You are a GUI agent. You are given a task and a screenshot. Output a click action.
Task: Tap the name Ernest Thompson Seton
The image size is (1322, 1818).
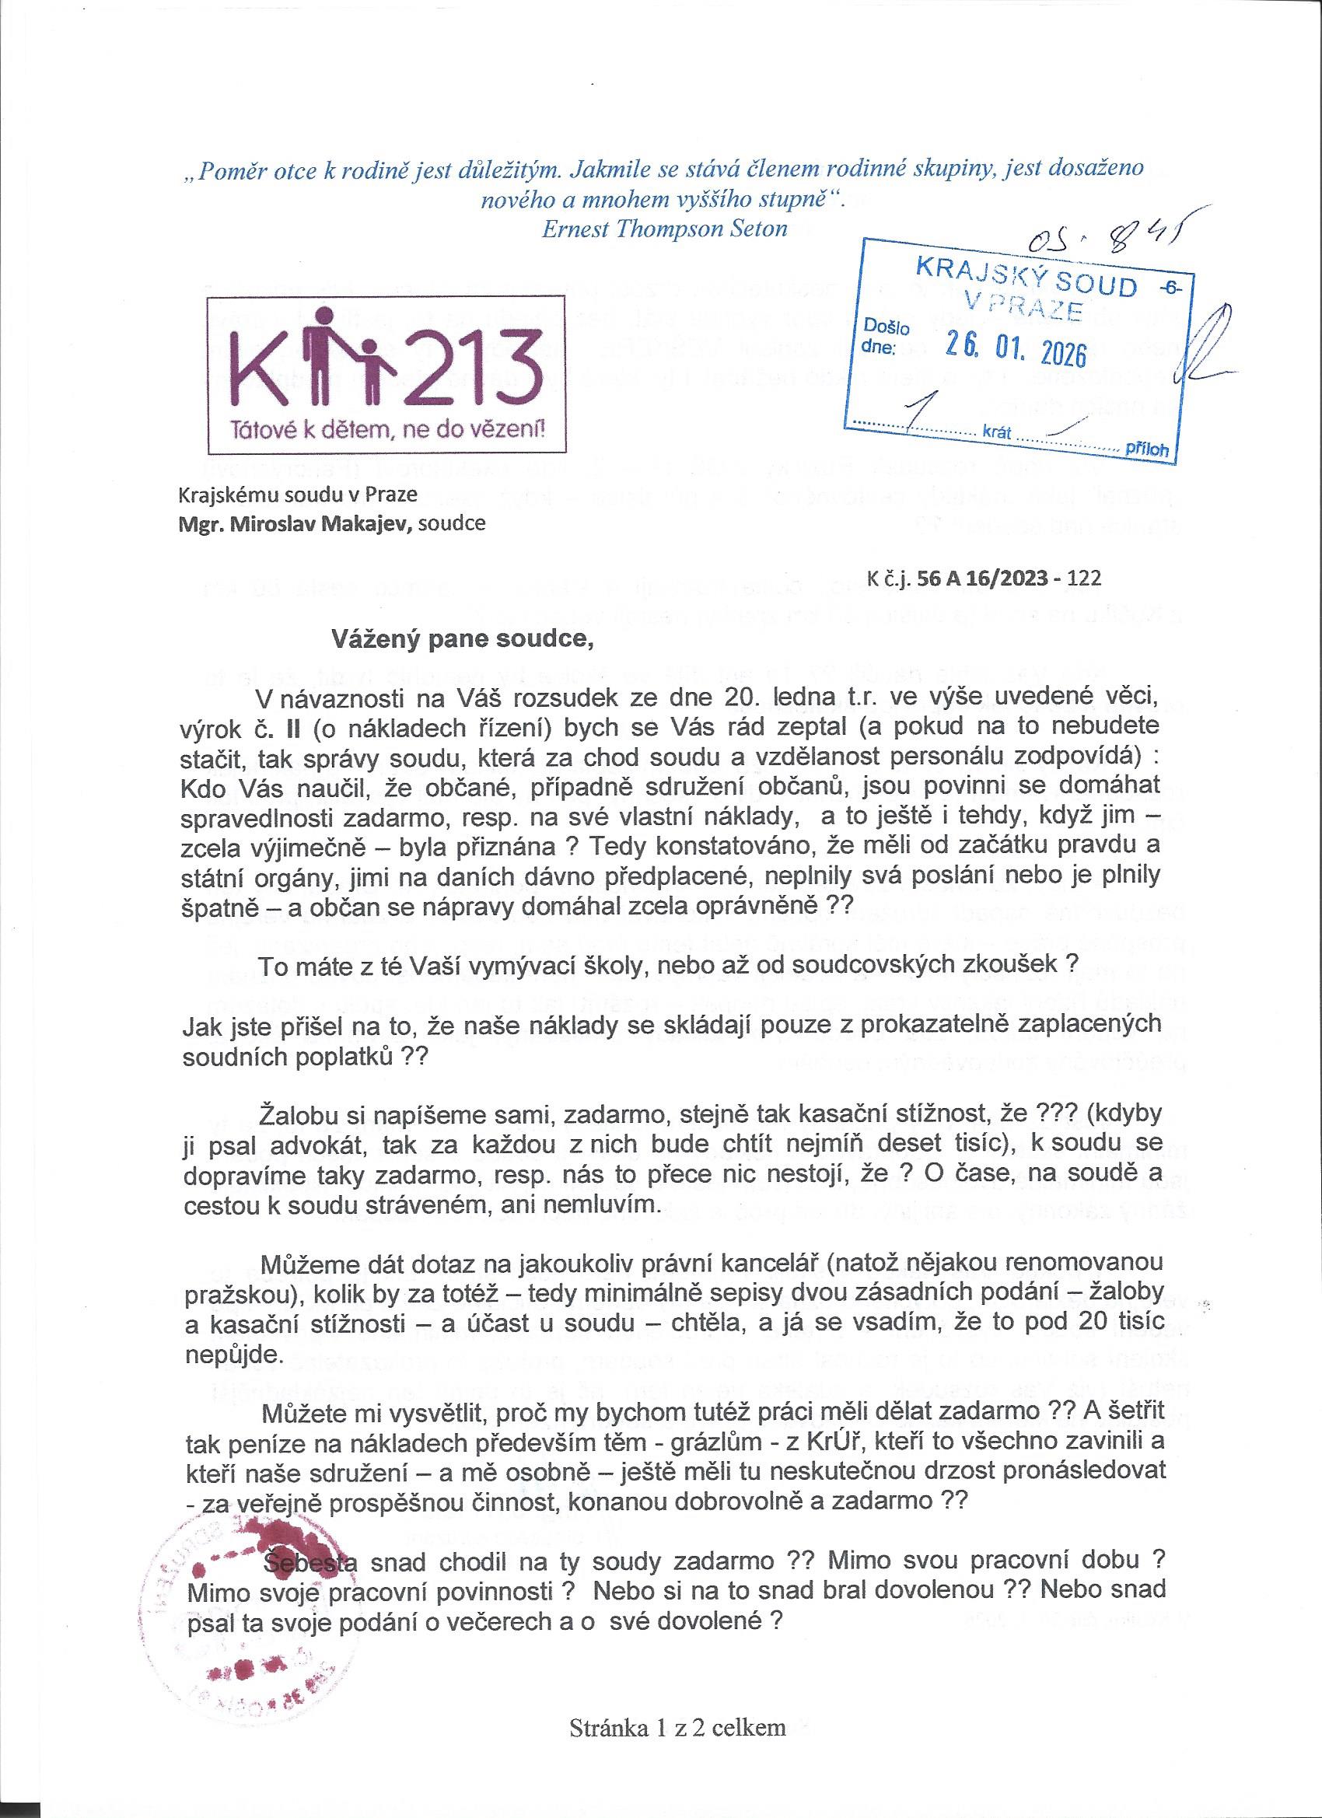click(x=665, y=229)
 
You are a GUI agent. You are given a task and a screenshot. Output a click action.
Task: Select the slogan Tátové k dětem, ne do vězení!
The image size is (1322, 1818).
click(x=386, y=431)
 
